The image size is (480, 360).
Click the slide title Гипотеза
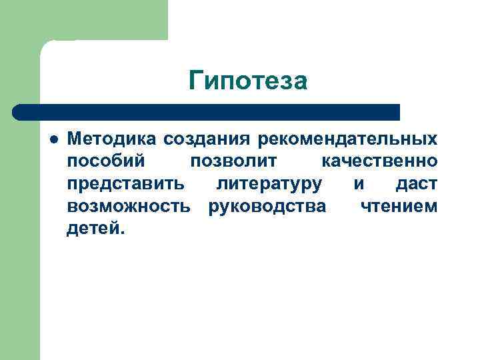click(247, 81)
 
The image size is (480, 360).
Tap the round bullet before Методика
click(53, 139)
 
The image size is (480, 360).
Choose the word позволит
click(237, 161)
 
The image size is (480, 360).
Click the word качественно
click(379, 161)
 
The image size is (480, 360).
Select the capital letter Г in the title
click(195, 81)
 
